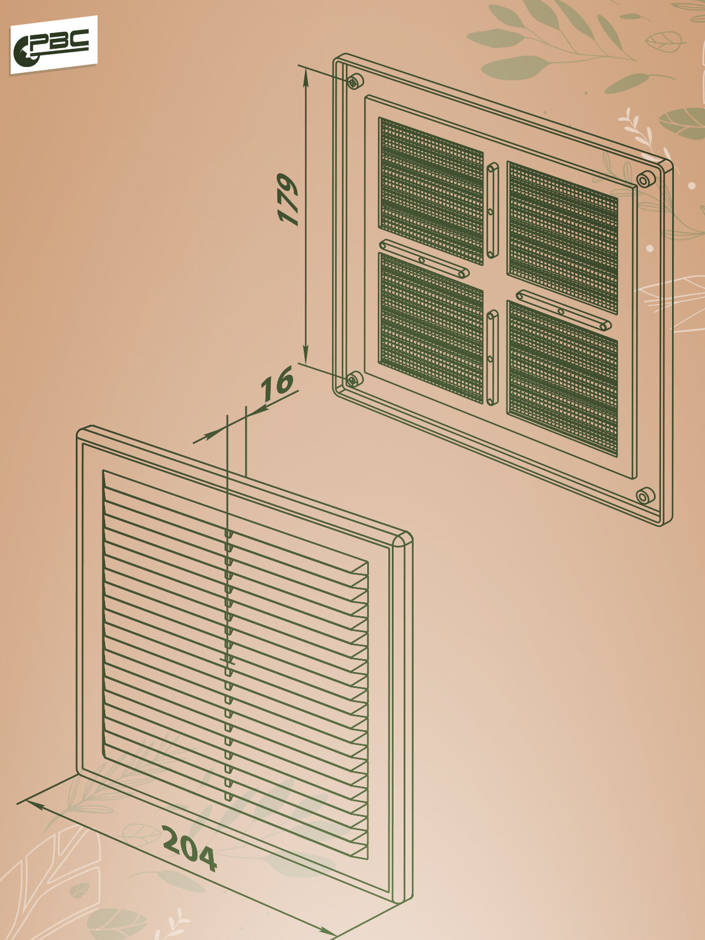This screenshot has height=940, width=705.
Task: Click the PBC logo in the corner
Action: coord(53,45)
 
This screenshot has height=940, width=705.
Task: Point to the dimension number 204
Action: coord(189,848)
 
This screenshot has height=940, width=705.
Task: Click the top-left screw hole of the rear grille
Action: coord(354,81)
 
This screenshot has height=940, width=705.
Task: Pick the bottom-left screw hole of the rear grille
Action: coord(353,379)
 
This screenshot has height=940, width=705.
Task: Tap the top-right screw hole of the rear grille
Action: coord(644,179)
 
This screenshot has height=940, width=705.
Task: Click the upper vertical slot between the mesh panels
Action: coord(492,210)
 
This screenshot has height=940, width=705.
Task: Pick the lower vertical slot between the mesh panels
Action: coord(492,358)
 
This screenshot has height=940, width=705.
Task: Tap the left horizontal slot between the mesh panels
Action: coord(424,258)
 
